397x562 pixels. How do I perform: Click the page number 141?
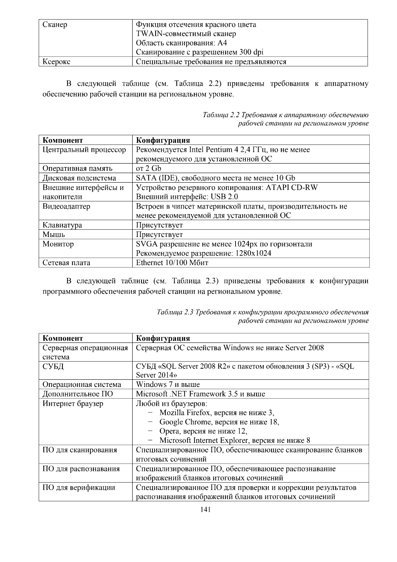(x=205, y=510)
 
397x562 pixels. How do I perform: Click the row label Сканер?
(x=55, y=25)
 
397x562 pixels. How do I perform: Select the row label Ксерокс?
(x=56, y=62)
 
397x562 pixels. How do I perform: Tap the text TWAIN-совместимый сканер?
(x=186, y=34)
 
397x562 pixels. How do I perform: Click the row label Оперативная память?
(x=77, y=168)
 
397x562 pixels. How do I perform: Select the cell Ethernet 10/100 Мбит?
(x=172, y=263)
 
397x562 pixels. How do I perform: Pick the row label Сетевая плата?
(x=66, y=263)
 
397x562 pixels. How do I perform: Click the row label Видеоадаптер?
(x=66, y=207)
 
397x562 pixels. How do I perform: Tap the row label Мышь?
(x=54, y=235)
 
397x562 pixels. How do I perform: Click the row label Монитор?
(x=58, y=244)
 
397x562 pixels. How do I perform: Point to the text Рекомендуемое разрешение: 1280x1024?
(x=203, y=254)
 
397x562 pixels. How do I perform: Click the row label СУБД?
(x=53, y=366)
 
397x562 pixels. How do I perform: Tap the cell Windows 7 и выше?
(x=168, y=385)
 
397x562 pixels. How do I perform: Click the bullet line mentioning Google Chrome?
(x=219, y=422)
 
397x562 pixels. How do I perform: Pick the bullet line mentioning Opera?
(x=203, y=431)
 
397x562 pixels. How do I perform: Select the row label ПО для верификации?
(x=79, y=488)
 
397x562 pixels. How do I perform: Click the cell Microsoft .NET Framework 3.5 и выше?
(x=200, y=394)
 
